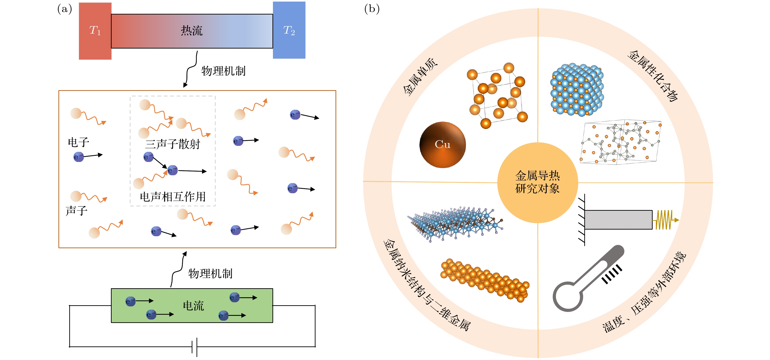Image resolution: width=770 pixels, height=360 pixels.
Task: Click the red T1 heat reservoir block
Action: [95, 31]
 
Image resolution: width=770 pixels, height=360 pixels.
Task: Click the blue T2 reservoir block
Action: [289, 30]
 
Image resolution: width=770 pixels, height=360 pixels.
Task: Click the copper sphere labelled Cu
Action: [442, 145]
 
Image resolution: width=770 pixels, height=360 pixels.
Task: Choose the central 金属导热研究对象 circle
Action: [537, 182]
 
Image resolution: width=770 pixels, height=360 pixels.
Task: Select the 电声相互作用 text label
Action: [173, 197]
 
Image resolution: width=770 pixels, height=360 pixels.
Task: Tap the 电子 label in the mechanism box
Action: [78, 142]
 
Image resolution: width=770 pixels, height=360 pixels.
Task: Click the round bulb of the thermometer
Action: [567, 297]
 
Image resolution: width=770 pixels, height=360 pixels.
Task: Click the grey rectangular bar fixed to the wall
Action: [618, 220]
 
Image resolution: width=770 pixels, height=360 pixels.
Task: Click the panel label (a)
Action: [65, 9]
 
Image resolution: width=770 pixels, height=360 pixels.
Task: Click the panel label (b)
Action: [372, 9]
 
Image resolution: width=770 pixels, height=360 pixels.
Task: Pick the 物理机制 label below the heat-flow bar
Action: [223, 71]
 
